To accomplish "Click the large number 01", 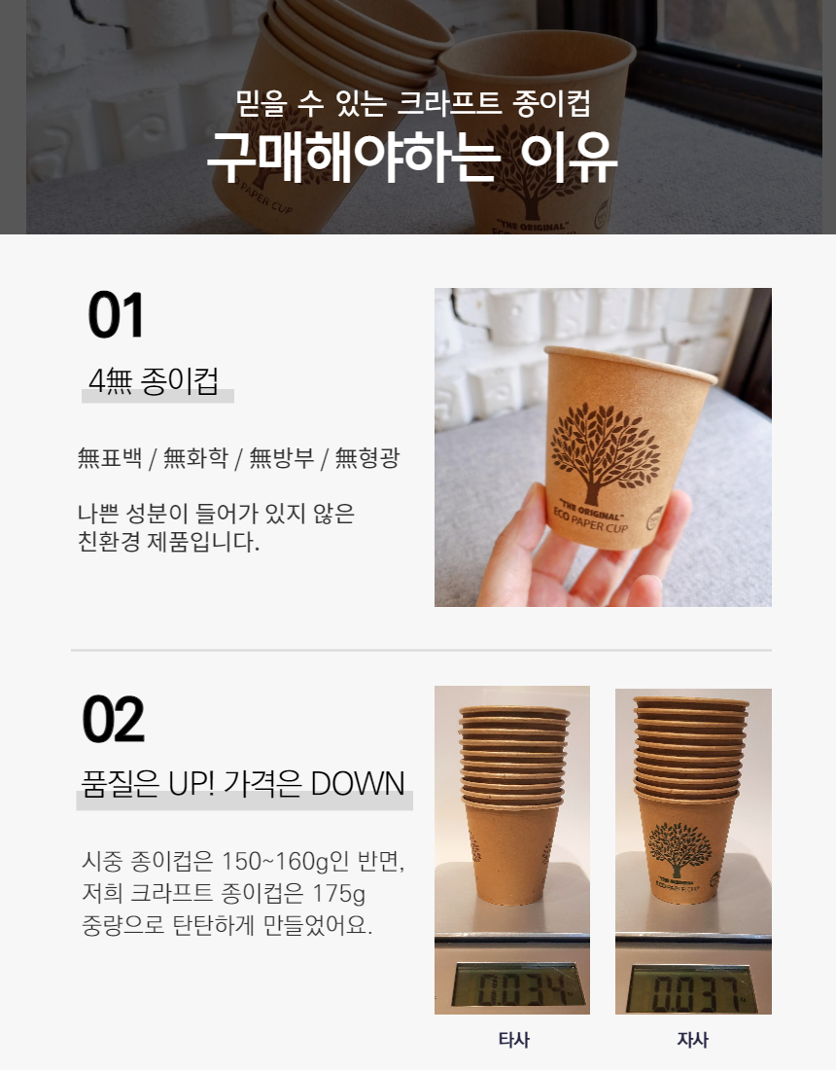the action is (x=116, y=314).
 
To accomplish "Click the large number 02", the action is (x=113, y=719).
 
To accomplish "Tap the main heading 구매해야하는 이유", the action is (x=412, y=157).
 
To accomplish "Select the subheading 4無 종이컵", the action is (x=154, y=380).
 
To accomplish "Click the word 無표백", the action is (x=110, y=457).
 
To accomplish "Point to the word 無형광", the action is (x=366, y=457).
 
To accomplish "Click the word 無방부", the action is (x=282, y=457).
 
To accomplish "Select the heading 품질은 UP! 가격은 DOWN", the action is (x=243, y=783).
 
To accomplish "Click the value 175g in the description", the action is (x=338, y=893).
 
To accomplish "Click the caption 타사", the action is (x=513, y=1039).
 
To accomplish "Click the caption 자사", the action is (x=693, y=1039).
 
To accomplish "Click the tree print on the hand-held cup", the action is (x=605, y=451).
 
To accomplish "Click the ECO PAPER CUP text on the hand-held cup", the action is (x=590, y=520).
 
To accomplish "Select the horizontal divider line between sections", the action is (x=422, y=651).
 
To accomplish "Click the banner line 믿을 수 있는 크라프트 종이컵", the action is (x=412, y=103).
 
